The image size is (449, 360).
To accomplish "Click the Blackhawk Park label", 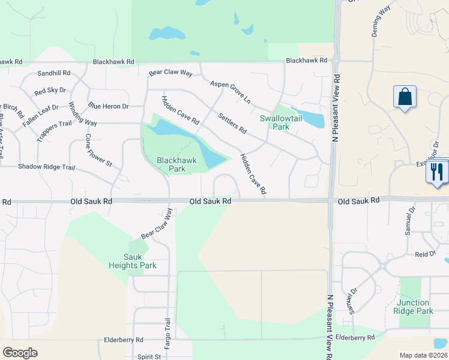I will [x=170, y=164].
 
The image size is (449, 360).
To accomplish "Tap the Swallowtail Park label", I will [x=275, y=122].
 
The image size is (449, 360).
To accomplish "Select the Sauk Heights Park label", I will [x=132, y=262].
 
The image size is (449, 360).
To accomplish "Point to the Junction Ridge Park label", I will [x=414, y=307].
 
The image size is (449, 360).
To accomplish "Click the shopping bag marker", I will [x=405, y=97].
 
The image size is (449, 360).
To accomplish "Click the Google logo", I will [x=20, y=353].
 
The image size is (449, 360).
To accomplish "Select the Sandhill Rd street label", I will [x=54, y=73].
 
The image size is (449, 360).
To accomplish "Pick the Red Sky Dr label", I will [x=50, y=91].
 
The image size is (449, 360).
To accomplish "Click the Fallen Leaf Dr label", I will [x=41, y=111].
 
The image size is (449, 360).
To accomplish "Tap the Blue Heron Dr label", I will [x=109, y=106].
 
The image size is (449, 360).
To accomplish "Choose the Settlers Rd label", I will [x=232, y=123].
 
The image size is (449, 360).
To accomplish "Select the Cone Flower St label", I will [x=98, y=149].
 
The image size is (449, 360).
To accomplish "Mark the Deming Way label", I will [x=381, y=24].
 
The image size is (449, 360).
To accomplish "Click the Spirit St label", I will [x=149, y=356].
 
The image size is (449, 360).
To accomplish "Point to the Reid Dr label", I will [x=424, y=254].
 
